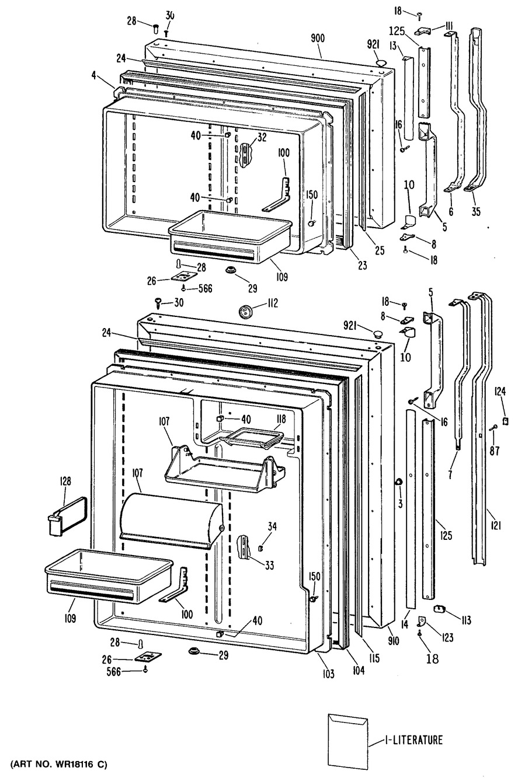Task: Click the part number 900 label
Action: tap(318, 37)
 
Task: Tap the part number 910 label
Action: tap(394, 641)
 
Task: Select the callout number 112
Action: tap(273, 303)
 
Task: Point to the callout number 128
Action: tap(65, 481)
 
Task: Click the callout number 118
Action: tap(281, 419)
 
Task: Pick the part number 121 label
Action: tap(496, 526)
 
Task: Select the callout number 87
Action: tap(495, 451)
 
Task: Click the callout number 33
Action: tap(269, 566)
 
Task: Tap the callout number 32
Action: tap(262, 138)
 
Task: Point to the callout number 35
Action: tap(476, 211)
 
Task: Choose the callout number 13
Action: tap(393, 46)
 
